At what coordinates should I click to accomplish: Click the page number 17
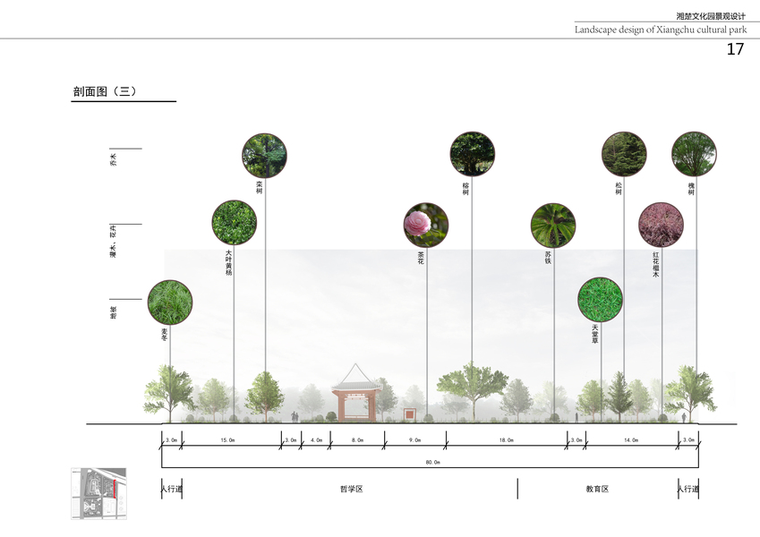734,50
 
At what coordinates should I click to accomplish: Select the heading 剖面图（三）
105,91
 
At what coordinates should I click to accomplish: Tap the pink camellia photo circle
425,224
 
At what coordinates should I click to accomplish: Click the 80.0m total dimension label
432,462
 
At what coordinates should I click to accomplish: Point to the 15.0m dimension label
227,440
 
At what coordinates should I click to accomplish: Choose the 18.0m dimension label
506,440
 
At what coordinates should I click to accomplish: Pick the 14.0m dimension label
630,440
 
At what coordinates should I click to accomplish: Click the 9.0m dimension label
414,440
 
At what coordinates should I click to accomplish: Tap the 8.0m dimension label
357,440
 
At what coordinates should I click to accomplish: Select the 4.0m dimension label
316,440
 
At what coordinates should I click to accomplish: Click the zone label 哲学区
350,489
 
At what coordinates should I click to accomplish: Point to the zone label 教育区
597,489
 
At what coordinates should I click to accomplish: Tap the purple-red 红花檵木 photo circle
661,224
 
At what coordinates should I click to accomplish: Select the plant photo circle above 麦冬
169,302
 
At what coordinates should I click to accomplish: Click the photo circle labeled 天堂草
600,299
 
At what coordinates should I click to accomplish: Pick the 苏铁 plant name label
548,259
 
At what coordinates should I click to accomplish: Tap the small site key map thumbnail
98,493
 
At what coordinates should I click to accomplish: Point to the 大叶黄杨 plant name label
229,262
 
